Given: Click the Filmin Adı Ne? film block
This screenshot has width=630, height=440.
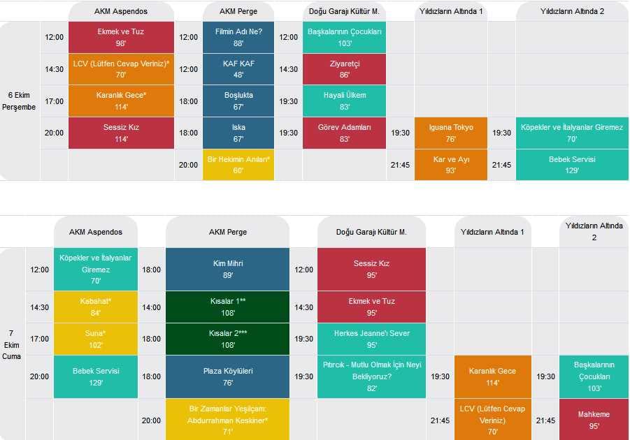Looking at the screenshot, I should coord(238,38).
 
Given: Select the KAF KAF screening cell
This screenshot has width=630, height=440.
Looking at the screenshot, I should coord(238,69).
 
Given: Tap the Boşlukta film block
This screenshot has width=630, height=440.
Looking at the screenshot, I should coord(238,101).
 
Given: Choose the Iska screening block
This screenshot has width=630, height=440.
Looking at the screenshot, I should coord(238,133).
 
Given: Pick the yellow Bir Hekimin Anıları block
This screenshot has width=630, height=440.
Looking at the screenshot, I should coord(238,165).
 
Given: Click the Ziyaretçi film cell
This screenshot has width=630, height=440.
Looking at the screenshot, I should coord(344,69).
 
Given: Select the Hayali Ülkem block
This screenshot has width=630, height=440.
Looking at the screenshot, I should coord(344,101).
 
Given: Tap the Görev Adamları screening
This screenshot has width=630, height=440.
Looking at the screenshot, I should coord(344,133).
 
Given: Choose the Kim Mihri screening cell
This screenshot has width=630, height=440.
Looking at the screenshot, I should coord(227,270).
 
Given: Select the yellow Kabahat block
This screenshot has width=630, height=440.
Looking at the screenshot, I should coord(95,307).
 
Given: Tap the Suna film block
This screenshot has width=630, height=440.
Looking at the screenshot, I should coord(95,339).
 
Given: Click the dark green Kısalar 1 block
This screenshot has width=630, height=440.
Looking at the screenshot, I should coord(227,307).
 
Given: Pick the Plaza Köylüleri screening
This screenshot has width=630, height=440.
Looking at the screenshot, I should coord(227,376).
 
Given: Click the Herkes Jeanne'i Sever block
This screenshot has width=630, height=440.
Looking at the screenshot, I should coord(371,339).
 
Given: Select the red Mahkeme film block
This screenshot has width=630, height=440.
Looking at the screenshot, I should coord(594,420).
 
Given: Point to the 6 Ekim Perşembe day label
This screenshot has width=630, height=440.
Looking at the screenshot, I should coord(22,101).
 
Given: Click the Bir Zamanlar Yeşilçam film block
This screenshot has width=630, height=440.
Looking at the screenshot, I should coord(227,420).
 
